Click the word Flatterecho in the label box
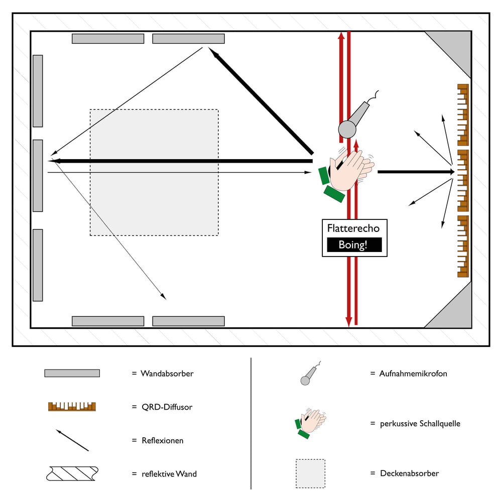point(353,228)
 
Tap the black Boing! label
point(354,245)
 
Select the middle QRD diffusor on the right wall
point(463,180)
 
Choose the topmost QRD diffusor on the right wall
point(463,114)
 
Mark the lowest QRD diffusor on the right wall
point(463,246)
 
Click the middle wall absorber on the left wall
point(38,175)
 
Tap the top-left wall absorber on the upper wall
point(108,39)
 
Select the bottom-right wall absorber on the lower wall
point(188,321)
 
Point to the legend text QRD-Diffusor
point(166,407)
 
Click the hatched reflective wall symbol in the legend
point(71,473)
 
